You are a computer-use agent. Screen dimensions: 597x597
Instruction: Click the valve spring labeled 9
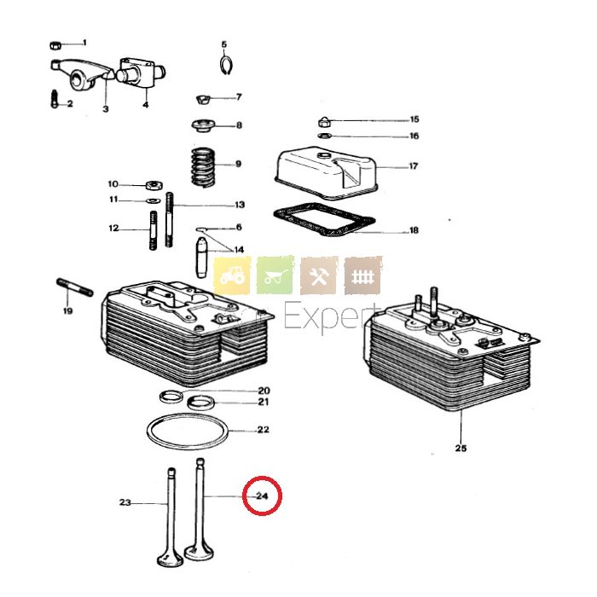coord(202,165)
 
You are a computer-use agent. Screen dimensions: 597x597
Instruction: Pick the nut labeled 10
coord(154,184)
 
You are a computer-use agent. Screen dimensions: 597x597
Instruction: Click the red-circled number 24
coord(262,496)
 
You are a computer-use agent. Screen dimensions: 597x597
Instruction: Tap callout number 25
coord(461,449)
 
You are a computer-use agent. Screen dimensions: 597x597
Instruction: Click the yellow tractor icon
coord(232,275)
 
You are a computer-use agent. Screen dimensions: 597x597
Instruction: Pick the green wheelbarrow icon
coord(275,275)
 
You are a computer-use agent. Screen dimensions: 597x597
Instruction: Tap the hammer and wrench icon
coord(320,275)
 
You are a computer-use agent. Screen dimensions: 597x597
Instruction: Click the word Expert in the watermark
coord(333,318)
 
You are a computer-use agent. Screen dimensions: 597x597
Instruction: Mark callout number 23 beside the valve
coord(125,503)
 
